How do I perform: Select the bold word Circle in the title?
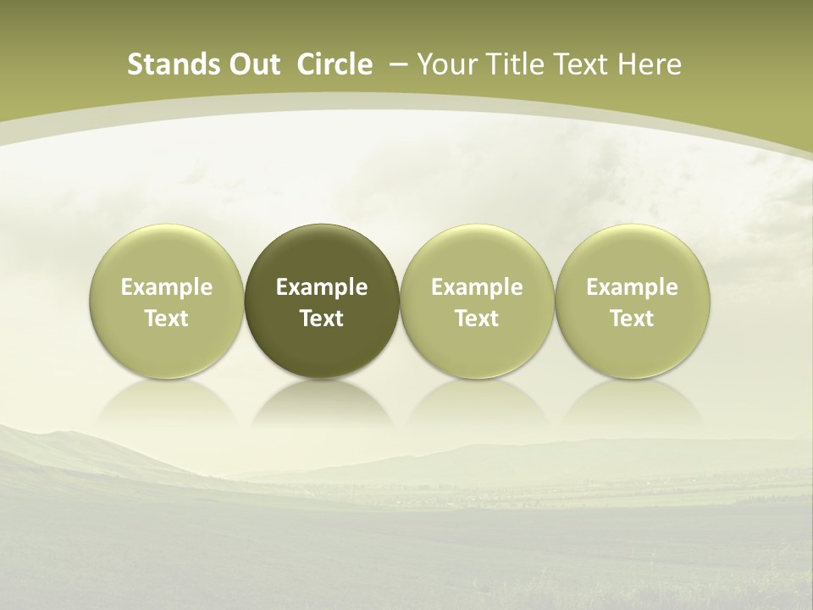[335, 64]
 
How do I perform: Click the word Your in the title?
[445, 64]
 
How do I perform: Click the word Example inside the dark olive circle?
[322, 287]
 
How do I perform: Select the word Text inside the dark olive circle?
[322, 319]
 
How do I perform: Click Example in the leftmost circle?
[167, 287]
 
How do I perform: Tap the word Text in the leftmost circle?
[167, 319]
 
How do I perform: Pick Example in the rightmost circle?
[632, 287]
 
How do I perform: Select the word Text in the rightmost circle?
[632, 319]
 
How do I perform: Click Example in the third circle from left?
[477, 287]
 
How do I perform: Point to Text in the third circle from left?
[477, 319]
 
